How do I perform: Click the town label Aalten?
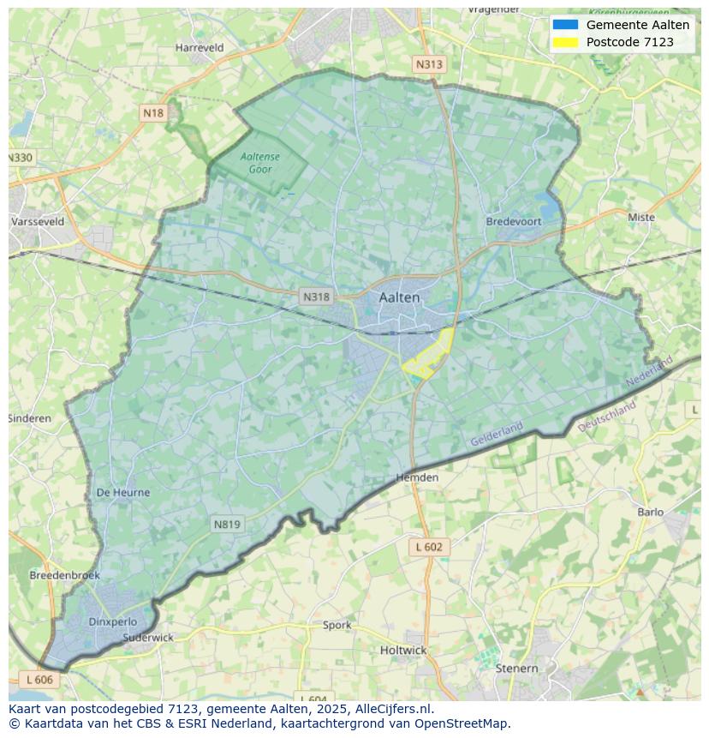[399, 297]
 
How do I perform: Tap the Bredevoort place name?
[514, 221]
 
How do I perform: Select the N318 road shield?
[316, 297]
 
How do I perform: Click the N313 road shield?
[429, 64]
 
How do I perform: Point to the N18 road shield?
[153, 113]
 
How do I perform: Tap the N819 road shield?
[227, 524]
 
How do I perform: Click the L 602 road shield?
[429, 547]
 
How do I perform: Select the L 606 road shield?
[39, 679]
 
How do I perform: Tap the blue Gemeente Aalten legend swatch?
[565, 26]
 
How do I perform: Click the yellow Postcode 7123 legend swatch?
[565, 42]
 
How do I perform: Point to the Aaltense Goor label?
[260, 163]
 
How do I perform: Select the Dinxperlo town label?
[112, 622]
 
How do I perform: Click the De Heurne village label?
[123, 493]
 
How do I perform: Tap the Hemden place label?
[417, 477]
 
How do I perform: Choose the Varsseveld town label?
[38, 221]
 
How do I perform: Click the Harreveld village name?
[200, 48]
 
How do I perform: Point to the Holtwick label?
[402, 650]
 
